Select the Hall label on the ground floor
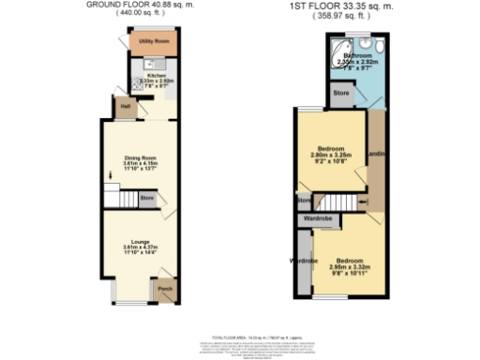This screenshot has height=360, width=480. [x=126, y=105]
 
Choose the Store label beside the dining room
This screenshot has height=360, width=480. [x=146, y=199]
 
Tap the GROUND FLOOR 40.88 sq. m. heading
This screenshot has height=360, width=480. [x=138, y=6]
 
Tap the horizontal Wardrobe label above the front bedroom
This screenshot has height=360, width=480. [x=316, y=218]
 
